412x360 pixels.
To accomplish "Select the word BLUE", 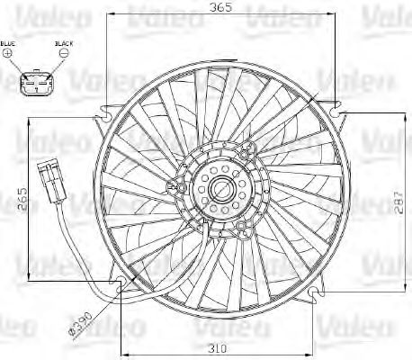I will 9,43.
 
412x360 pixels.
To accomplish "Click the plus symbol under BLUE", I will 9,54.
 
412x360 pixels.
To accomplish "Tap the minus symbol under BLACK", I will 63,54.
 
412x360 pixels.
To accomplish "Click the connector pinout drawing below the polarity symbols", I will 36,84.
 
